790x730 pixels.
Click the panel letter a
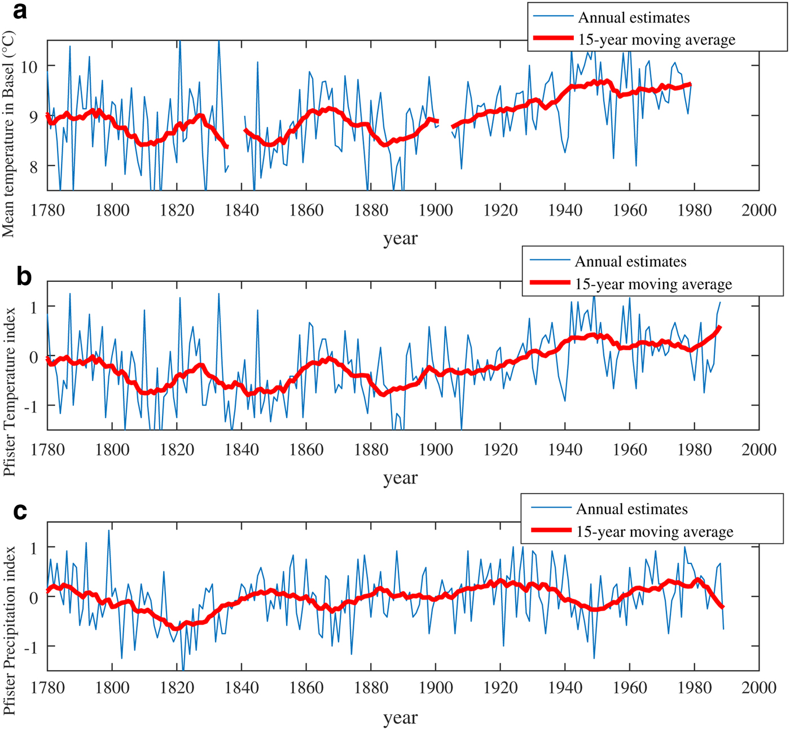click(20, 10)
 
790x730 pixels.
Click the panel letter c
click(20, 511)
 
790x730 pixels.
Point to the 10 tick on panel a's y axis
click(28, 66)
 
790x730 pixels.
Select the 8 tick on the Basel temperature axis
click(33, 166)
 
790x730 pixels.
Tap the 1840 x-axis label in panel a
click(242, 211)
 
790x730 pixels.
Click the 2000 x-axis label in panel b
click(759, 450)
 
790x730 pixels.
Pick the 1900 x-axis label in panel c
click(436, 688)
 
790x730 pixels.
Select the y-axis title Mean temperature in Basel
click(9, 134)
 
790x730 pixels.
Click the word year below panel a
click(401, 238)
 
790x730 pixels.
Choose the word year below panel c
click(401, 718)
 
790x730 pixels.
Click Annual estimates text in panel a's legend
click(634, 18)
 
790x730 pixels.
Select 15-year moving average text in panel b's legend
click(653, 284)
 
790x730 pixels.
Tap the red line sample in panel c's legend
click(552, 531)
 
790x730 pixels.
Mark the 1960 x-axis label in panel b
click(630, 450)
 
